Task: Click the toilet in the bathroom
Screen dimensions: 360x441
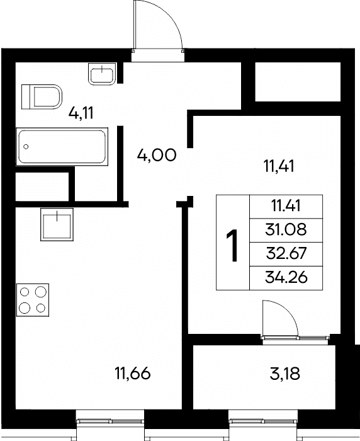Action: point(42,97)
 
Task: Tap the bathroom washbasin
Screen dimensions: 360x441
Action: point(102,74)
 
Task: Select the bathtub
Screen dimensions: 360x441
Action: point(62,147)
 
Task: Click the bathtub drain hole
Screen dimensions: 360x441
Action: point(26,147)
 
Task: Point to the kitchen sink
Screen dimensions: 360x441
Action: point(57,224)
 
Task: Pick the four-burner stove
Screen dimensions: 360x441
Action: point(33,300)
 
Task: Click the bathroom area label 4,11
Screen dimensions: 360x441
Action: point(81,113)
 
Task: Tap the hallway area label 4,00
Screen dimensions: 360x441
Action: point(157,155)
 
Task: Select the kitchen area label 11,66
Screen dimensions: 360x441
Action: point(132,374)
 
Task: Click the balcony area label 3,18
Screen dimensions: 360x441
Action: point(284,374)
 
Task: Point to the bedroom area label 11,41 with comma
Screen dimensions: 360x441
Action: point(279,166)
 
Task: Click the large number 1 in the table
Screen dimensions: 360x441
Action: point(233,245)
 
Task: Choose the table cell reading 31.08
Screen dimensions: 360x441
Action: point(286,230)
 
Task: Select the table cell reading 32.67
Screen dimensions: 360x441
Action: point(286,254)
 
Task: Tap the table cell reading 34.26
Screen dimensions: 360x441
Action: point(286,278)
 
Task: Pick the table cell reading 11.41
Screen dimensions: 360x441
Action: point(286,207)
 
